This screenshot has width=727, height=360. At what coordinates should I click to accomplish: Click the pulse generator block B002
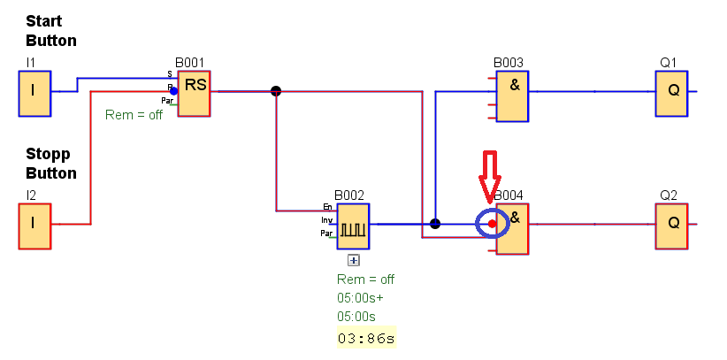pyautogui.click(x=353, y=226)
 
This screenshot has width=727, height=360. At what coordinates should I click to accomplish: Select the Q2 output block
pyautogui.click(x=672, y=225)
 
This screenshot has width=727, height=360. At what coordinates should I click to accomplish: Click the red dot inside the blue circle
pyautogui.click(x=492, y=224)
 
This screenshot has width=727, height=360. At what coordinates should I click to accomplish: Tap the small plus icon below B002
pyautogui.click(x=353, y=260)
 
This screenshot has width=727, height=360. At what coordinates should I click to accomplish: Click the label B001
pyautogui.click(x=189, y=63)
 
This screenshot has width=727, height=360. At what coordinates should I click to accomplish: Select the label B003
pyautogui.click(x=509, y=63)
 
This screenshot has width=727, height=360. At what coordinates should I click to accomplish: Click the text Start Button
pyautogui.click(x=50, y=30)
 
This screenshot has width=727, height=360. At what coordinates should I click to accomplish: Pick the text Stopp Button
pyautogui.click(x=50, y=164)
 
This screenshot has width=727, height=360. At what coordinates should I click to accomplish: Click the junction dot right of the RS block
pyautogui.click(x=276, y=90)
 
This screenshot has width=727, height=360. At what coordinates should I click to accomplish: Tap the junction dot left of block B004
pyautogui.click(x=434, y=224)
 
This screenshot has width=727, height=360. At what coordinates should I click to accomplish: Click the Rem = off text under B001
pyautogui.click(x=134, y=115)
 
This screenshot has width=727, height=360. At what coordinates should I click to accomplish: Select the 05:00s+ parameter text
pyautogui.click(x=360, y=297)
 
